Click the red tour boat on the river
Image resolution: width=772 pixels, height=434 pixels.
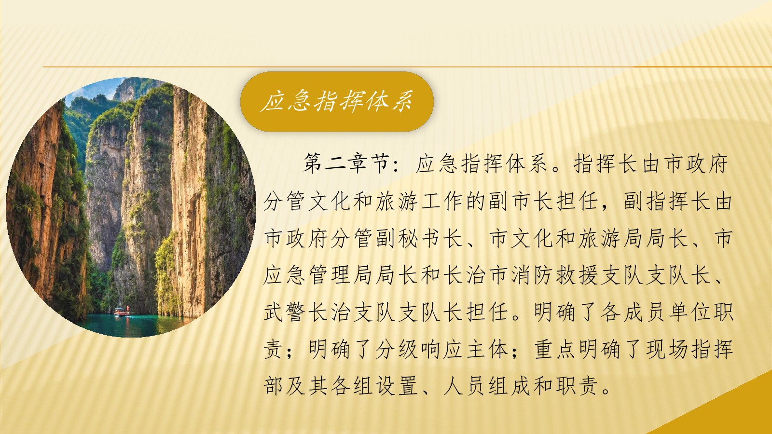pos(122,312)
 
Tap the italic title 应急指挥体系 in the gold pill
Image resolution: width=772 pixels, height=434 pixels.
pos(337,102)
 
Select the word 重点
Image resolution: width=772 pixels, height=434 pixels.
pos(555,349)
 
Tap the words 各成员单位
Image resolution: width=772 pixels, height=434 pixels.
pos(656,312)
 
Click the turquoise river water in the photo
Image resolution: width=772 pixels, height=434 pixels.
pos(138,325)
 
